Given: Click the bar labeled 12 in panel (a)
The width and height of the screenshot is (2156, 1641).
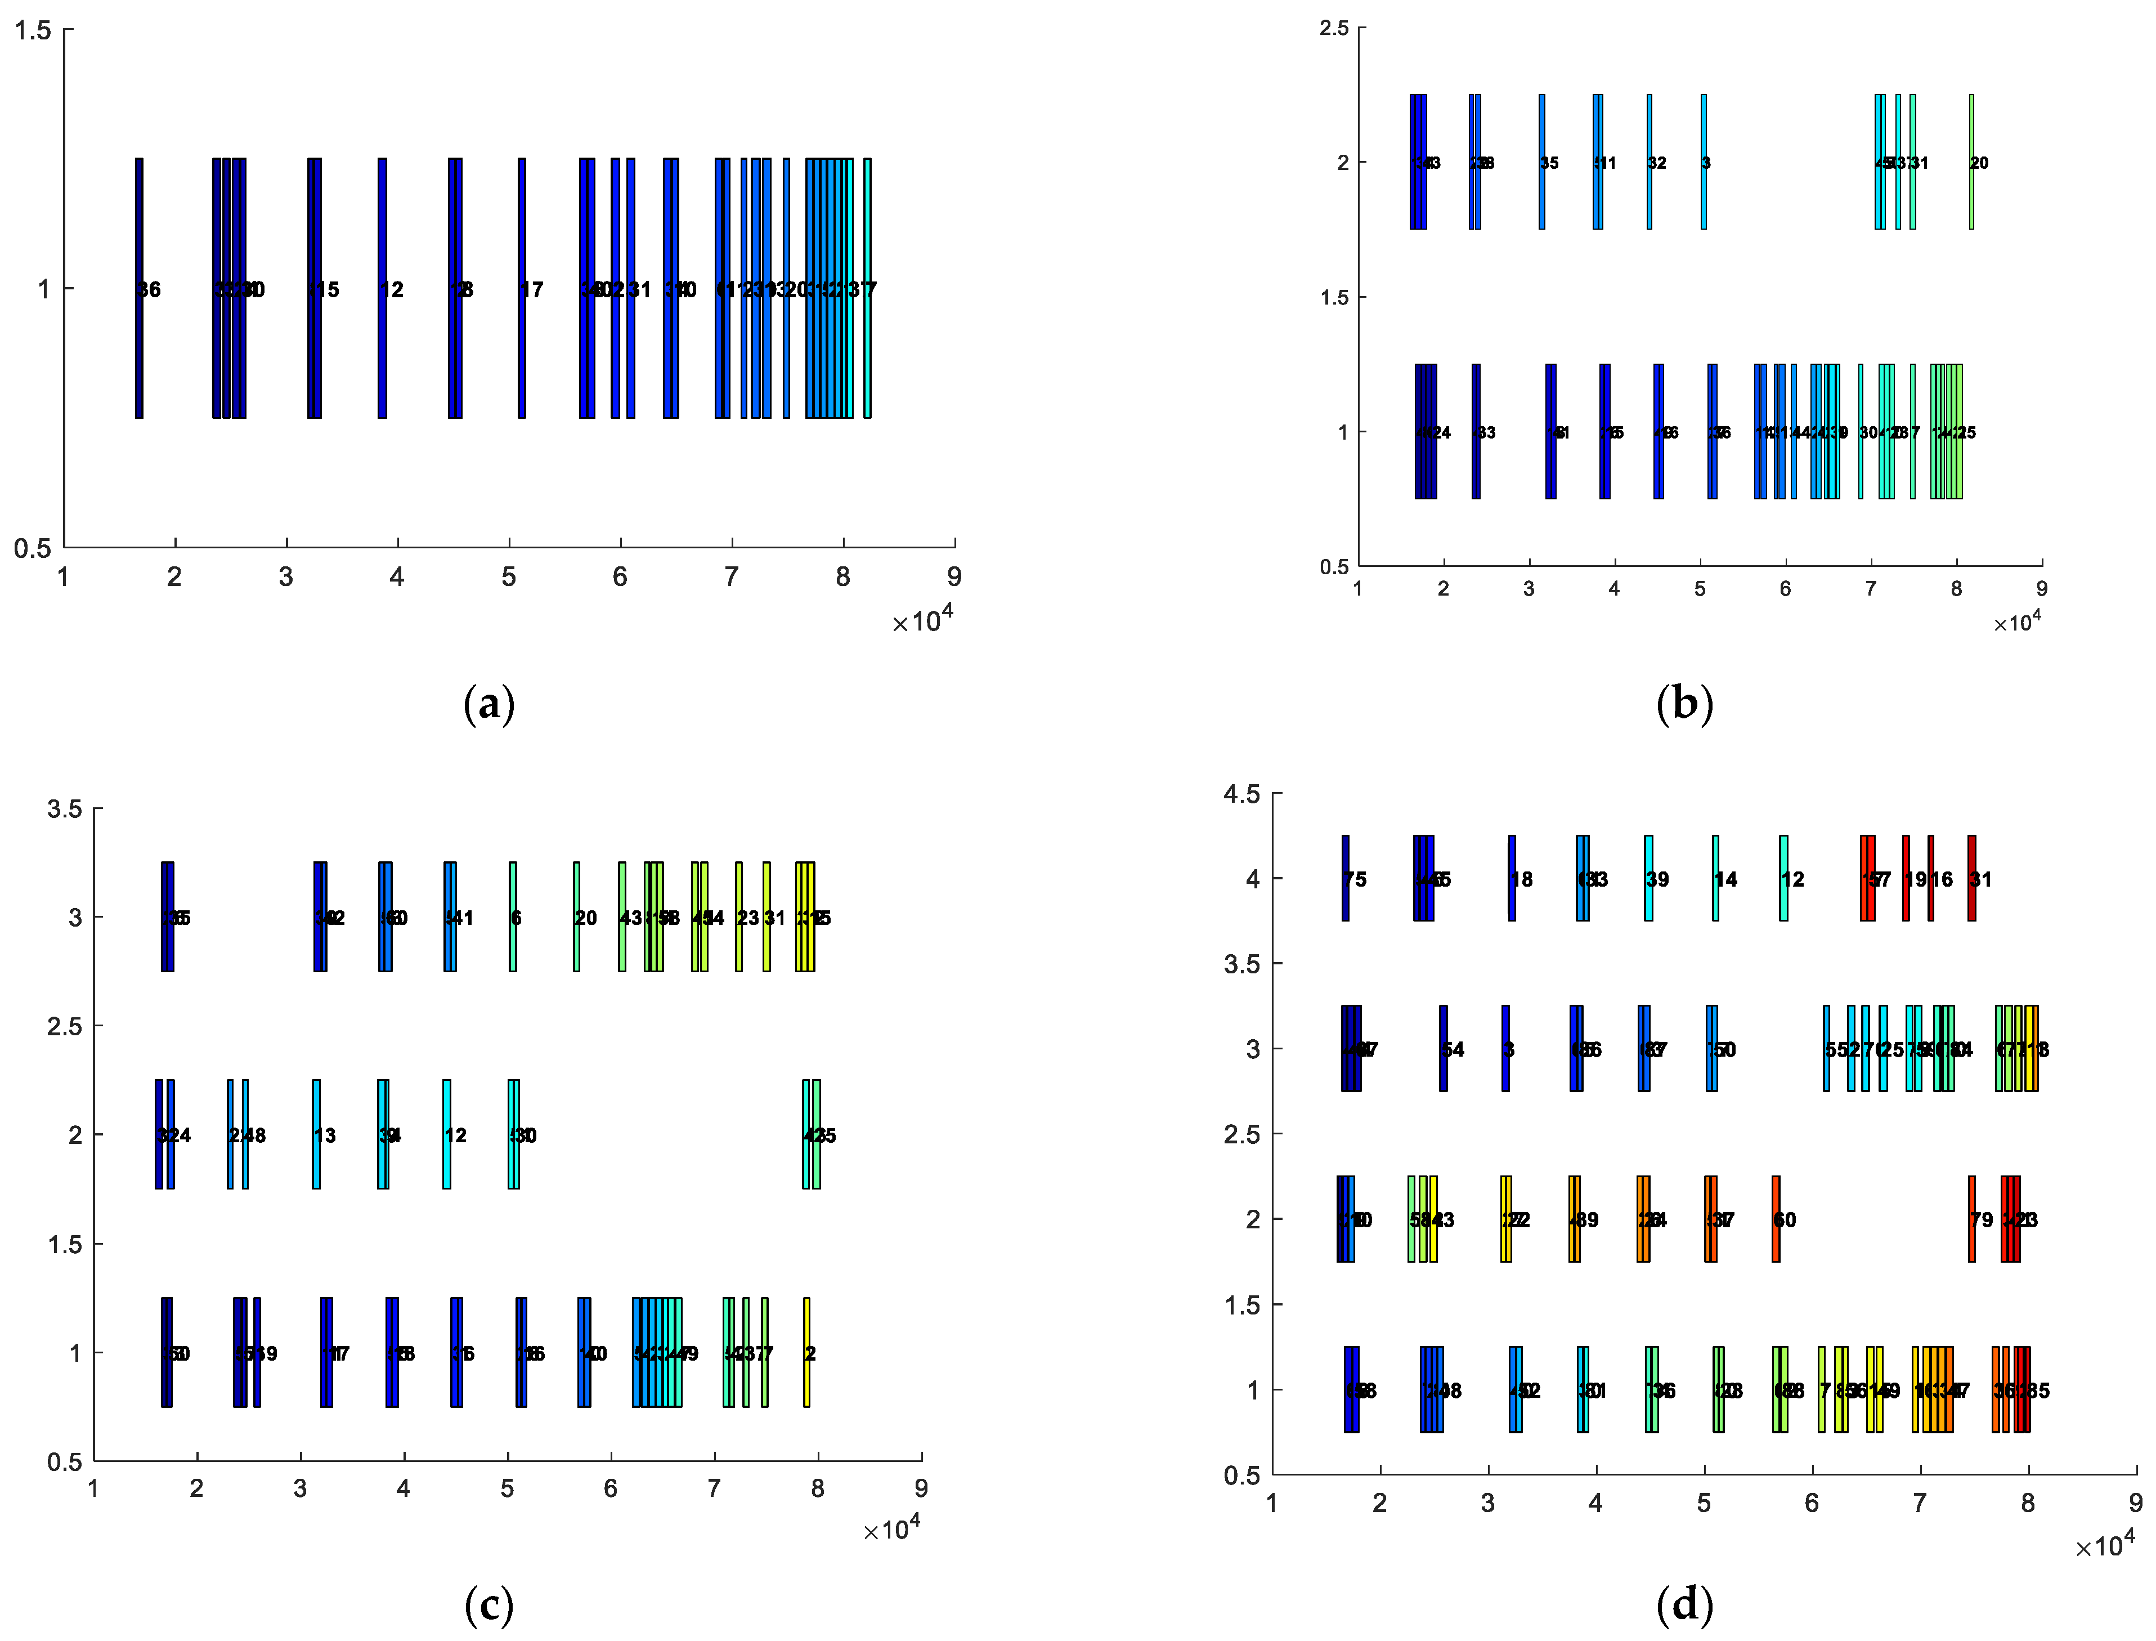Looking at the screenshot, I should pos(382,288).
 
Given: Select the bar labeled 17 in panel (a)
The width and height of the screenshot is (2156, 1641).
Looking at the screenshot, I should pos(522,288).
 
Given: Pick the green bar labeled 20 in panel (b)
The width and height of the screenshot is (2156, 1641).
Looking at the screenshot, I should pos(1971,162).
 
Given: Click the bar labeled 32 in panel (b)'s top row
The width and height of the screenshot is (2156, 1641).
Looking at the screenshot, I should pos(1650,162).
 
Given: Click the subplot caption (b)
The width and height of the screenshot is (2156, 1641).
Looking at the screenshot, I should pos(1684,703).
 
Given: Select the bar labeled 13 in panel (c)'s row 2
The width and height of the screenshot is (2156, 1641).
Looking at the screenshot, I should pos(316,1134).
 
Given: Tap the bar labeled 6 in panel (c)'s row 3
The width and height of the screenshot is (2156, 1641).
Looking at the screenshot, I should pos(513,916).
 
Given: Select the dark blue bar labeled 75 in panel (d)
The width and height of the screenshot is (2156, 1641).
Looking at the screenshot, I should pos(1346,878).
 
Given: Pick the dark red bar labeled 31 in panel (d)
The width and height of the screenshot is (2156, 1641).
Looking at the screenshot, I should pos(1971,878).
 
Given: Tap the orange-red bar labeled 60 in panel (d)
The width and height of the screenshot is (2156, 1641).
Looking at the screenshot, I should pos(1776,1219).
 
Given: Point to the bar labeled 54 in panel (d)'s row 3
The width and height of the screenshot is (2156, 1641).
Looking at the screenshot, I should pos(1443,1048).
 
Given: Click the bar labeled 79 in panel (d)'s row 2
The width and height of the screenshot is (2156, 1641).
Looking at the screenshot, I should pos(1971,1219).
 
